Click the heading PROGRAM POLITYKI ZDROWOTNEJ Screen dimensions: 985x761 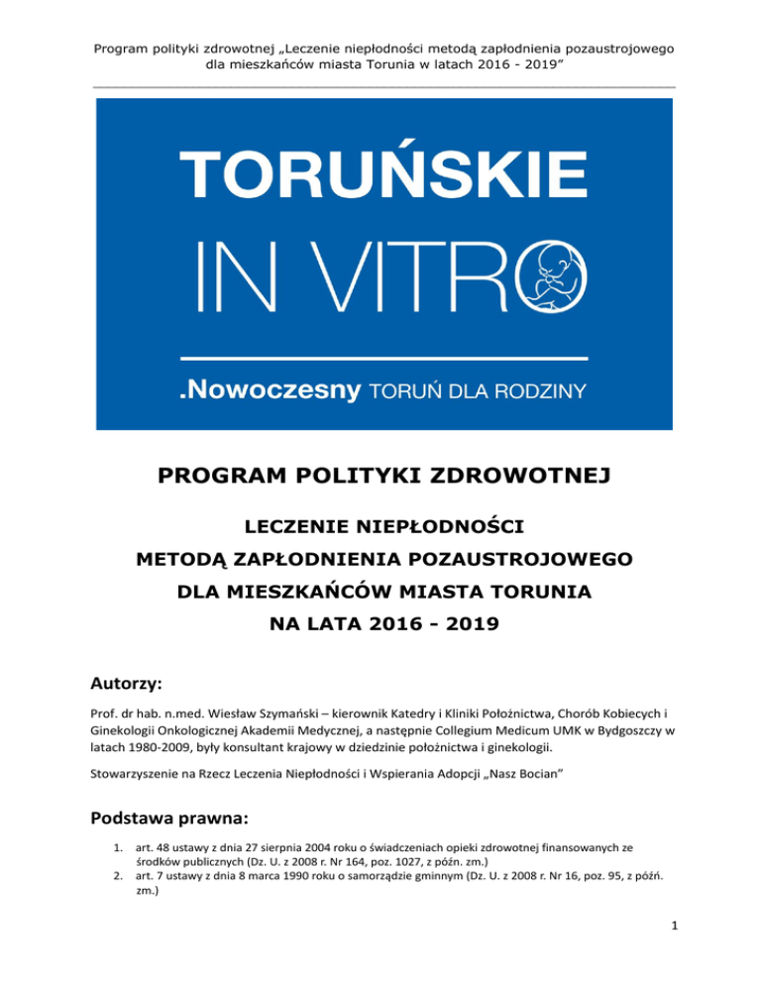click(x=380, y=480)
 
